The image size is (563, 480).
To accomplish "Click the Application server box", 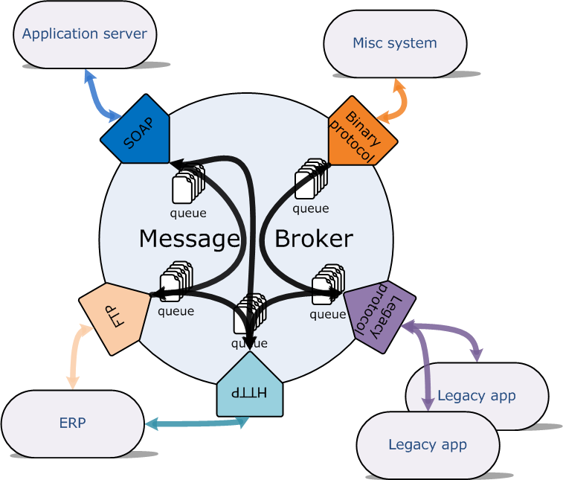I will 85,34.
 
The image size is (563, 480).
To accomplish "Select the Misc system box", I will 395,43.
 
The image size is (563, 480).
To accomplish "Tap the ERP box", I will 72,423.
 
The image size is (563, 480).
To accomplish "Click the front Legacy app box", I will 428,445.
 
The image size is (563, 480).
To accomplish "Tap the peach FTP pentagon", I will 112,317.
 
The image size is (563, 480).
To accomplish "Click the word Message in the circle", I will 189,239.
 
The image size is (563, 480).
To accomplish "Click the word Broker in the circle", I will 313,239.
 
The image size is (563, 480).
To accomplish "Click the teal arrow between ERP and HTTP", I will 196,423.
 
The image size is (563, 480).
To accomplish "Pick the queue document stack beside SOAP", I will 187,185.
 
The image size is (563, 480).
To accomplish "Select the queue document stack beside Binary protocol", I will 310,179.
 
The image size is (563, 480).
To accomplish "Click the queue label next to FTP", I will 176,311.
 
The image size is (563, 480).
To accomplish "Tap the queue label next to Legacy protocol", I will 327,314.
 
